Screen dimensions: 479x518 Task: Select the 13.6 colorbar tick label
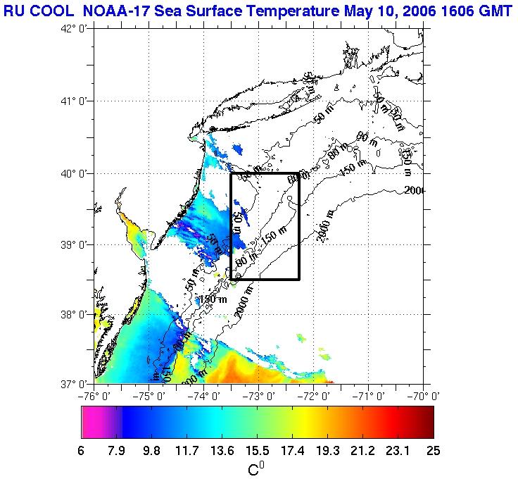[x=222, y=450]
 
